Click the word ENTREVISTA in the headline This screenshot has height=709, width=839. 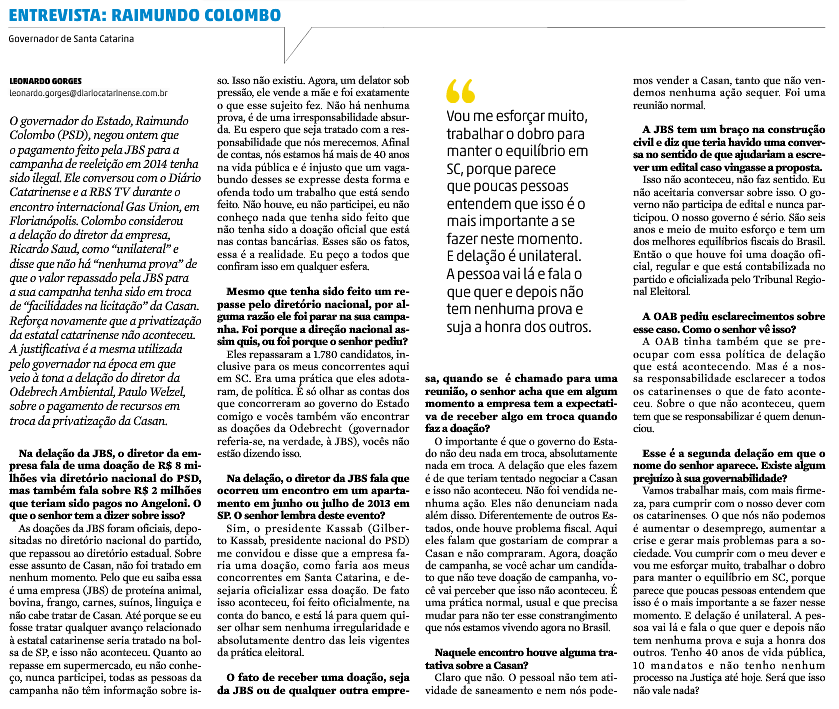click(50, 15)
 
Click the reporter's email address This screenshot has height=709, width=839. click(88, 93)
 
